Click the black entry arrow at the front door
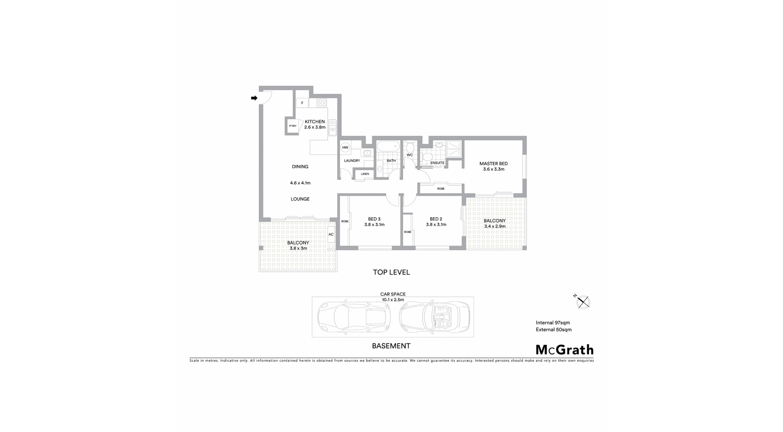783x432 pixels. (x=254, y=98)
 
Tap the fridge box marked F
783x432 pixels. (x=302, y=103)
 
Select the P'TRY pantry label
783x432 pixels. (x=293, y=126)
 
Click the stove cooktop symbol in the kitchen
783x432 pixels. (x=322, y=103)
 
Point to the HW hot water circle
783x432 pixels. (x=345, y=147)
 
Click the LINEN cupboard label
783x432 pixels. (x=365, y=174)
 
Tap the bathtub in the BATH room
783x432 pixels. (x=388, y=147)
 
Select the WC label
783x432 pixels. (x=410, y=155)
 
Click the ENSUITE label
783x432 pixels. (x=437, y=163)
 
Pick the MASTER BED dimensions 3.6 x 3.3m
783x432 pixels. (x=494, y=169)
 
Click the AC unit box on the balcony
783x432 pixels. (x=331, y=234)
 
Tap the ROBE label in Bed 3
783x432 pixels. (x=345, y=221)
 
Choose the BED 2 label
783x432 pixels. (x=436, y=219)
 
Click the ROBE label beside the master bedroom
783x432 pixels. (x=441, y=189)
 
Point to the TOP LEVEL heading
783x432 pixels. (x=391, y=272)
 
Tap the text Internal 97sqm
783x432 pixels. (x=553, y=323)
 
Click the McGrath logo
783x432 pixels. (x=564, y=350)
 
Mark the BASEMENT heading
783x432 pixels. (x=391, y=346)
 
